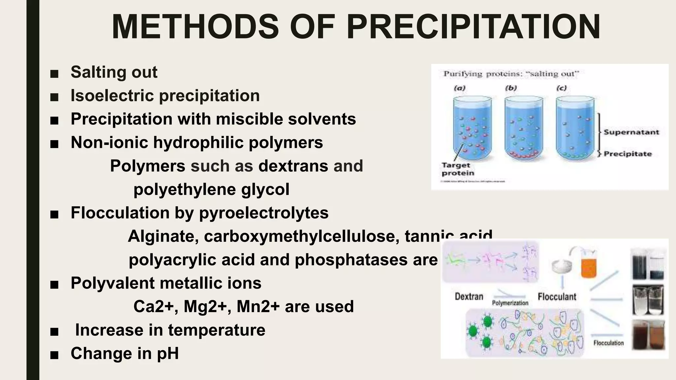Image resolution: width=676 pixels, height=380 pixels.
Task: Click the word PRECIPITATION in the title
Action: pyautogui.click(x=473, y=27)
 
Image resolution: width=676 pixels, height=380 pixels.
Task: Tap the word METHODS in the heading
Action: pyautogui.click(x=195, y=27)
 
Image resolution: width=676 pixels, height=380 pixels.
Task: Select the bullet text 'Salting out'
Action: pyautogui.click(x=114, y=72)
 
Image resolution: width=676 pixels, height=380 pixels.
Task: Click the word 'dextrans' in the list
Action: pyautogui.click(x=293, y=166)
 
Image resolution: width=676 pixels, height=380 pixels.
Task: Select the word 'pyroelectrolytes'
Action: pyautogui.click(x=264, y=213)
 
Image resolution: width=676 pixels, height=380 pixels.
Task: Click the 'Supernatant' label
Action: pyautogui.click(x=631, y=132)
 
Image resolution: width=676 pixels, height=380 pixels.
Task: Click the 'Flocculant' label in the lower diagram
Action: pyautogui.click(x=557, y=297)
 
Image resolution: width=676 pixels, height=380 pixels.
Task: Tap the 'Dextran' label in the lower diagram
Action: pyautogui.click(x=469, y=297)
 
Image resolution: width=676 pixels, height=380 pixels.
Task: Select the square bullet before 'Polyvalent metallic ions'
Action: pyautogui.click(x=54, y=284)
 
